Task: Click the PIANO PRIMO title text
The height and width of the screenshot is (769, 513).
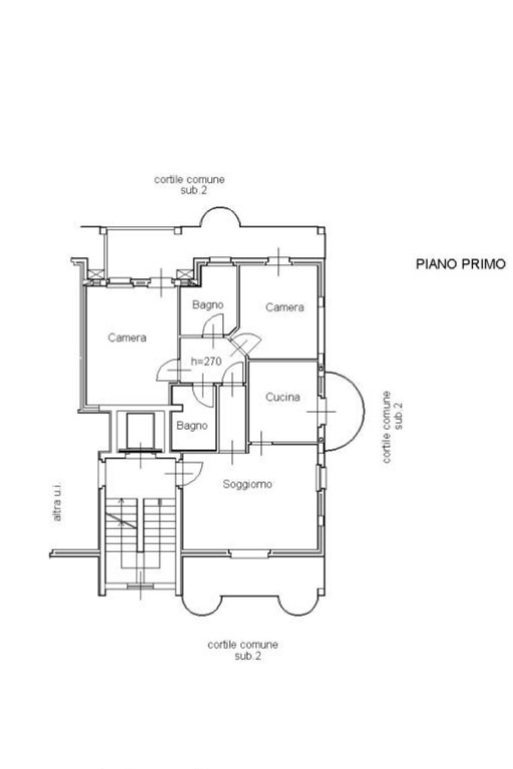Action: click(x=460, y=264)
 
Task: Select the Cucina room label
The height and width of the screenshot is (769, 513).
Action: click(x=283, y=397)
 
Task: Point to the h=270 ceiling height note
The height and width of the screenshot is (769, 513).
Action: click(x=206, y=361)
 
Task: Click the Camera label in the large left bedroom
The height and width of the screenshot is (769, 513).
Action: click(x=127, y=337)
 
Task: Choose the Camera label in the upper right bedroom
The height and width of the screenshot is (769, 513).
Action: click(x=285, y=307)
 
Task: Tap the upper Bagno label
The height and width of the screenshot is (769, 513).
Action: click(x=207, y=304)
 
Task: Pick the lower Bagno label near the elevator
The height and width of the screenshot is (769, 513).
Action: click(x=192, y=426)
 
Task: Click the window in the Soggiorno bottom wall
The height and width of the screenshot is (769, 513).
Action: click(x=250, y=553)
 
